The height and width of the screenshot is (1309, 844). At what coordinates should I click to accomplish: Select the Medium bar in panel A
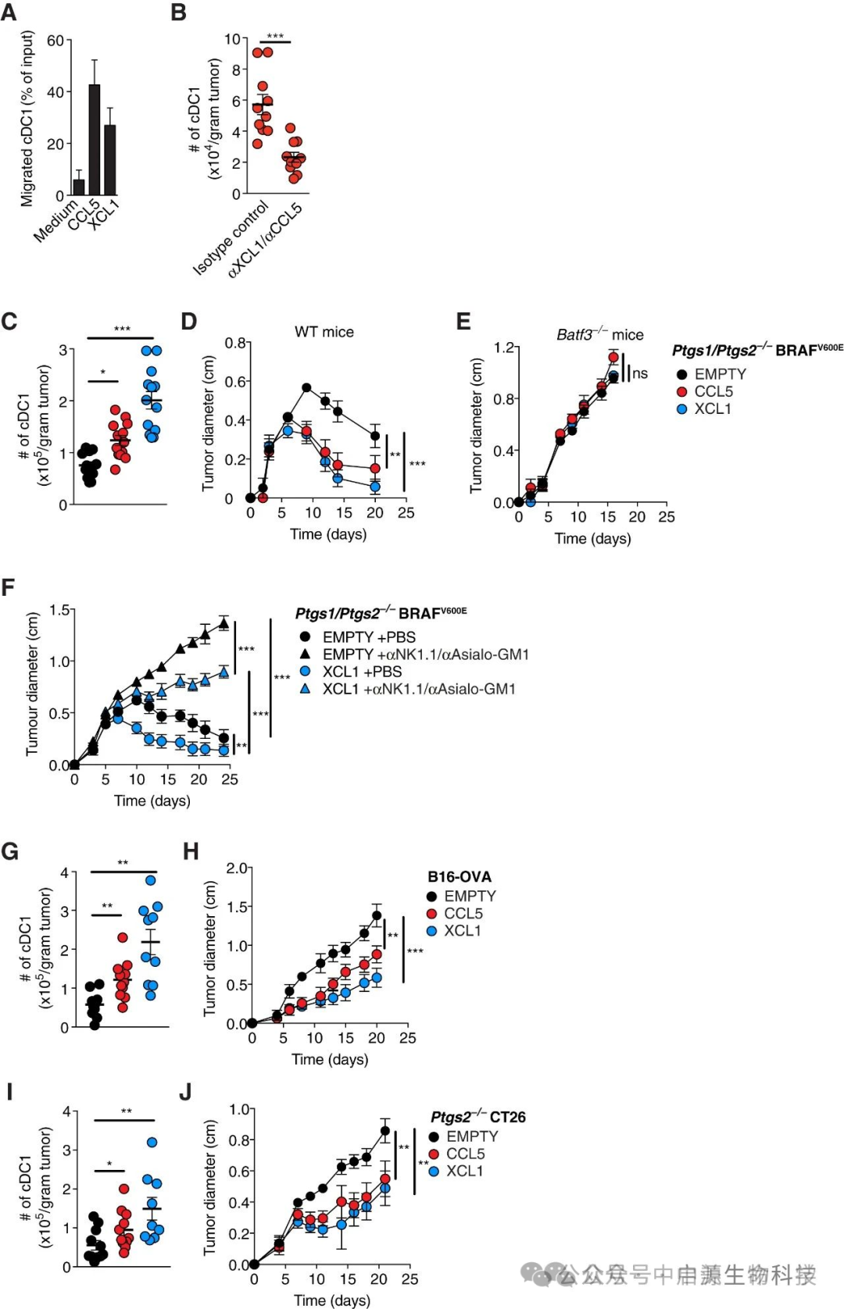[79, 187]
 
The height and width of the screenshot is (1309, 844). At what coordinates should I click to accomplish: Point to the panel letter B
[179, 13]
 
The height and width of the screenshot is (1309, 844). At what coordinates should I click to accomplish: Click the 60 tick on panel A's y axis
[55, 41]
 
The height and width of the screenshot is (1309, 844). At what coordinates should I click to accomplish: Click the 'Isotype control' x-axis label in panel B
[231, 238]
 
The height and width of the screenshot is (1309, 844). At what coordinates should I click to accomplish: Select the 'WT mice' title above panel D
[324, 332]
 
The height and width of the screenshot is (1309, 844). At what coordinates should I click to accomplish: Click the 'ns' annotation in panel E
[640, 373]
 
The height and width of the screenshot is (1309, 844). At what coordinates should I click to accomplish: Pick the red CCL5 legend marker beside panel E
[681, 392]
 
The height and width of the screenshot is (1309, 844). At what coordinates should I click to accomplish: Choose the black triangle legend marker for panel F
[306, 654]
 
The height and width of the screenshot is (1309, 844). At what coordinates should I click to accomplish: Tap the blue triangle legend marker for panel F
[306, 688]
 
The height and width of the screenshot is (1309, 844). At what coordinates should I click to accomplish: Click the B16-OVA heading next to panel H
[460, 877]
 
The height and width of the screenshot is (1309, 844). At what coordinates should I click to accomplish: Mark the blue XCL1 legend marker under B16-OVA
[431, 931]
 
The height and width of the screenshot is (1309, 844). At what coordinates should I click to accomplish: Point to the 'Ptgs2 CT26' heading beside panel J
[477, 1117]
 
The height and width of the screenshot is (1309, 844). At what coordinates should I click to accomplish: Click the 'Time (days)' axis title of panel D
[328, 534]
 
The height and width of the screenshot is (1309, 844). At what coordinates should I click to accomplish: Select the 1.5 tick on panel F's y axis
[59, 610]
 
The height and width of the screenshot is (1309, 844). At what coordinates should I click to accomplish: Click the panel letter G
[10, 851]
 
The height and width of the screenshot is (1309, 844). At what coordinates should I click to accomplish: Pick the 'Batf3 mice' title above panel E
[599, 335]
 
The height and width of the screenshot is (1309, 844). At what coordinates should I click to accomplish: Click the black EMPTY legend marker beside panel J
[434, 1136]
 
